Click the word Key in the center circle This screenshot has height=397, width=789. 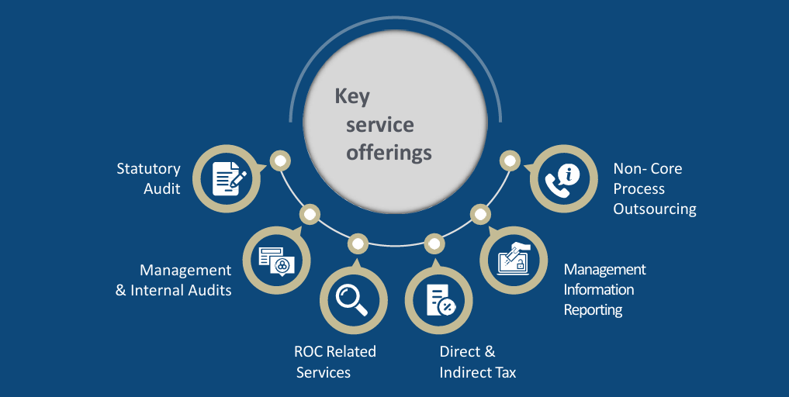tap(352, 97)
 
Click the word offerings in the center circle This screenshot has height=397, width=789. tap(389, 152)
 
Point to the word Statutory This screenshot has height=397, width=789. tap(148, 168)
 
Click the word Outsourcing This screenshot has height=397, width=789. tap(655, 209)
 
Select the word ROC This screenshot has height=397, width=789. tap(307, 351)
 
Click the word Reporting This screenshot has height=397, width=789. tap(593, 309)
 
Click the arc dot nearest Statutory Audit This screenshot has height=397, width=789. tap(279, 161)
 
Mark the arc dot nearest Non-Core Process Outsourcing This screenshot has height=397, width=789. tap(510, 161)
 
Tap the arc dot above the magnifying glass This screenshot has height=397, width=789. tap(357, 243)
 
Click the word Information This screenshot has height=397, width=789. tap(599, 289)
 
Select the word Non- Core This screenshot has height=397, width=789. tap(648, 168)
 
